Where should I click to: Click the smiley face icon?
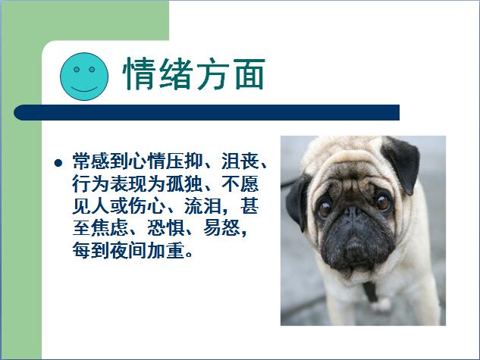[84, 77]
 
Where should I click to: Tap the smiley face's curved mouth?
[84, 89]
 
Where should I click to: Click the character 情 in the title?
[140, 74]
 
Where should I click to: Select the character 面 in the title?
[249, 74]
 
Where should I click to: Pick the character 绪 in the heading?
[176, 74]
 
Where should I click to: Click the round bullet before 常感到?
[58, 163]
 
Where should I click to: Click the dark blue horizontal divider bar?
[206, 112]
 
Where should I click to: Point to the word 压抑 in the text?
[184, 161]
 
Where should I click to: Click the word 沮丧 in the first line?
[240, 161]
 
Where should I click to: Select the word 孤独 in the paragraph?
[184, 183]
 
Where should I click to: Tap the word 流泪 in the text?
[203, 206]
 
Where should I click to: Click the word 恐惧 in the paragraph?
[165, 228]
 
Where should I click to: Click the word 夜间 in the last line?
[128, 251]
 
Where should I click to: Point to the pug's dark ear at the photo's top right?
[402, 164]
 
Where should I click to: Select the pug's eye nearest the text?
[325, 208]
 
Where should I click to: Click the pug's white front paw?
[381, 305]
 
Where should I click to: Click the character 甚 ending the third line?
[249, 206]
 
